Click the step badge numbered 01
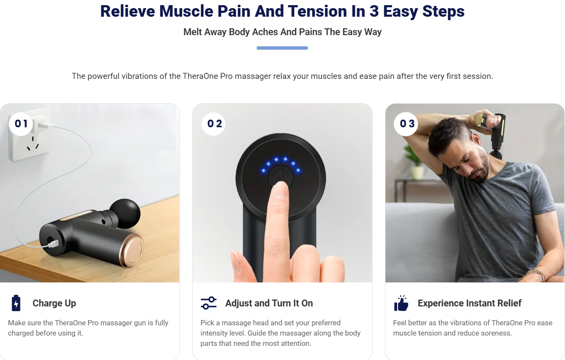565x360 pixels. click(21, 124)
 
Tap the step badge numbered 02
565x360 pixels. click(214, 124)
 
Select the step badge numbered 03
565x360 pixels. click(407, 124)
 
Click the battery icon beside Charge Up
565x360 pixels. click(16, 303)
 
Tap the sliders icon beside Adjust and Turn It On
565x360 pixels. click(209, 303)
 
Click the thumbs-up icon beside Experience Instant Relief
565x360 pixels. click(401, 303)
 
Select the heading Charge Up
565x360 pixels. click(54, 303)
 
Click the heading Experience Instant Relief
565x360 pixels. click(469, 303)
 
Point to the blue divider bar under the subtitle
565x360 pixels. click(282, 48)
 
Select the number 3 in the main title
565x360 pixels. click(374, 12)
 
